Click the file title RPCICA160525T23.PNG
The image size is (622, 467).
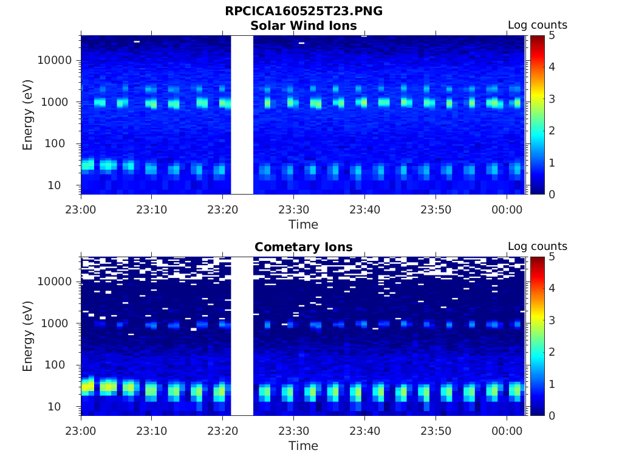point(303,12)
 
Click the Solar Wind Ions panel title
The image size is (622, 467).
point(303,26)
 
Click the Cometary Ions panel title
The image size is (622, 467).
point(303,247)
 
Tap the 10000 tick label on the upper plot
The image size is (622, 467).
point(55,60)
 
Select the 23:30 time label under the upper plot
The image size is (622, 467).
point(293,210)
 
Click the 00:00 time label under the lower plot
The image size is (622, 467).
point(507,431)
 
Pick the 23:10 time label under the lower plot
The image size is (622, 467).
point(151,431)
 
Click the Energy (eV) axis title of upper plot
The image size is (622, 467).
point(27,114)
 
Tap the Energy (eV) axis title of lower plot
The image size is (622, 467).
point(27,336)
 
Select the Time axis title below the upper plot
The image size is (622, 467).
point(303,224)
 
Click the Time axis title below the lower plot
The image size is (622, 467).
point(303,446)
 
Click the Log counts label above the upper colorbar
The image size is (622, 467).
point(537,26)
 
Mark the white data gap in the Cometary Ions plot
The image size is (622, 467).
point(242,336)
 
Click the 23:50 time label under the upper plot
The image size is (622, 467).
point(436,210)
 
